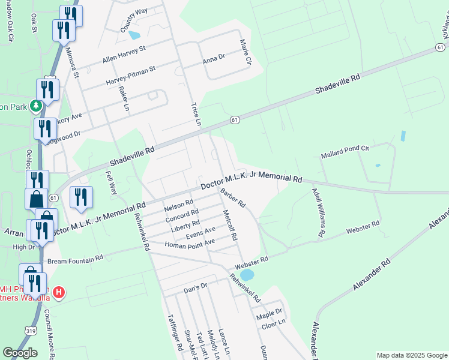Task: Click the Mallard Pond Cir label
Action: pyautogui.click(x=345, y=150)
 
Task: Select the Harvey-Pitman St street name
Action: pyautogui.click(x=130, y=76)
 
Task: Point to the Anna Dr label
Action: pyautogui.click(x=213, y=59)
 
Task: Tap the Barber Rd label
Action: pyautogui.click(x=233, y=198)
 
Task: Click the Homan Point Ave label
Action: pyautogui.click(x=190, y=243)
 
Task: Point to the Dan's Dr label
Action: pyautogui.click(x=195, y=287)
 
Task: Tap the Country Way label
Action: pyautogui.click(x=133, y=20)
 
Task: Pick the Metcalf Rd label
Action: pyautogui.click(x=231, y=225)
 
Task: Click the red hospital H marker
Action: pyautogui.click(x=58, y=293)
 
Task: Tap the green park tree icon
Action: pyautogui.click(x=37, y=106)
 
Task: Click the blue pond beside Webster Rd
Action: pyautogui.click(x=247, y=275)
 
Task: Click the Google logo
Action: pyautogui.click(x=20, y=353)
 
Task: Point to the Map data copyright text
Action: pyautogui.click(x=411, y=355)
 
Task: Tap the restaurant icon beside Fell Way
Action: pyautogui.click(x=80, y=197)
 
